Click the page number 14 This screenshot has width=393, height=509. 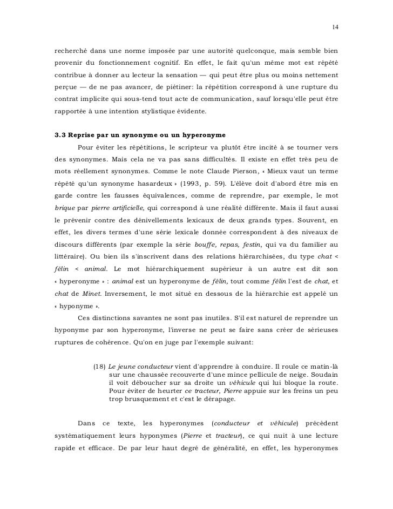(335, 27)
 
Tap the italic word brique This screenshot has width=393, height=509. (65, 221)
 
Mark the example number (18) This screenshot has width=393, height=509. (100, 367)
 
